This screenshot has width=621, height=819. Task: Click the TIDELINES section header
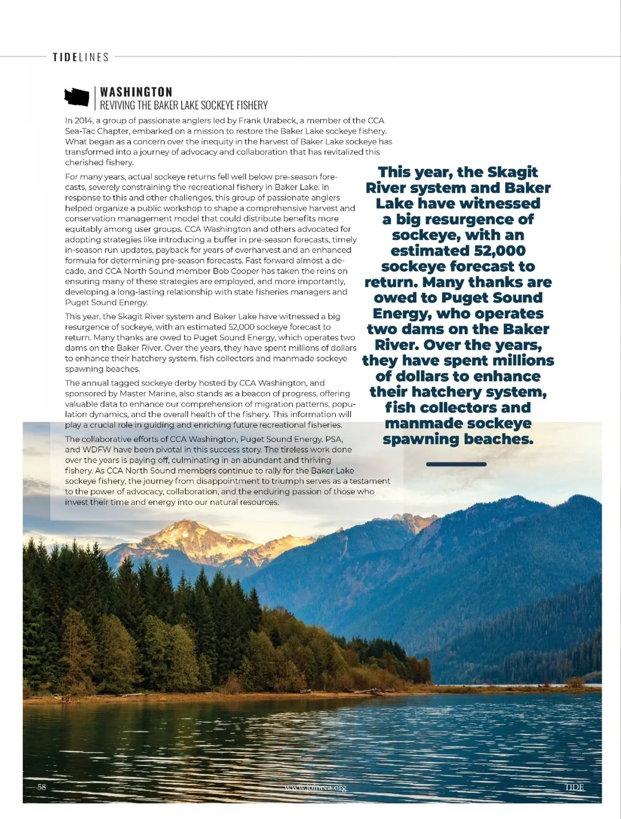tap(81, 57)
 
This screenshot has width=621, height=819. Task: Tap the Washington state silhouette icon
tap(77, 96)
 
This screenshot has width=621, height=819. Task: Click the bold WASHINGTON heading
tap(136, 92)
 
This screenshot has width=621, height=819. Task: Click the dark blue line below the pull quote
tap(456, 464)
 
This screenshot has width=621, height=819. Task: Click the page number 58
tap(42, 787)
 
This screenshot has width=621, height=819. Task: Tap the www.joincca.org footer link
tap(315, 788)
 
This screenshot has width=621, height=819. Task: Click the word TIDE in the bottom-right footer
tap(574, 787)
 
